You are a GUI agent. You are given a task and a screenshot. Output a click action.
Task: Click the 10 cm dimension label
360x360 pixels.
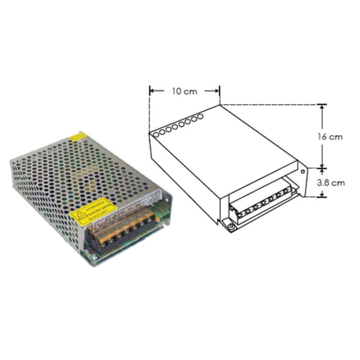[184, 91]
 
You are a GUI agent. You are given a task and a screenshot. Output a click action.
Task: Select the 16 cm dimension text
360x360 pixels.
[330, 137]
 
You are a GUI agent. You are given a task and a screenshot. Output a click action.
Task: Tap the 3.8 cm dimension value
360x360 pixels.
[331, 183]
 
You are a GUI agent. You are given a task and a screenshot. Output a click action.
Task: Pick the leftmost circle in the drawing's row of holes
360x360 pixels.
[156, 134]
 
